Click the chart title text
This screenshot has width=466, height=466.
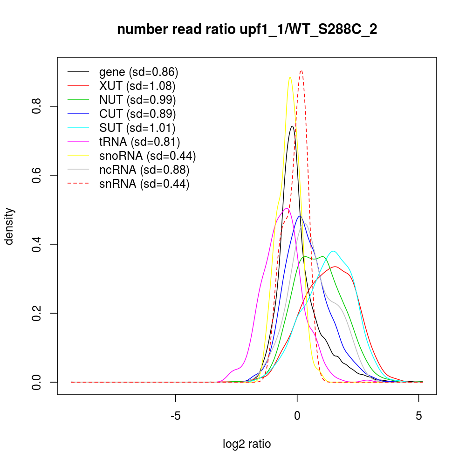(x=247, y=30)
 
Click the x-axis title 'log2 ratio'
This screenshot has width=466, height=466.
(x=247, y=444)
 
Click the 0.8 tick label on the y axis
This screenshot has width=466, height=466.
(x=38, y=106)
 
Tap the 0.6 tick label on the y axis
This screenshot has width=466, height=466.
(x=38, y=175)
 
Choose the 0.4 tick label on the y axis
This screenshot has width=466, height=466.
(x=38, y=244)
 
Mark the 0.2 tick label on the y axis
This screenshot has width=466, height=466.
(x=38, y=313)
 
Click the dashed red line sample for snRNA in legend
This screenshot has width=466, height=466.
(x=78, y=184)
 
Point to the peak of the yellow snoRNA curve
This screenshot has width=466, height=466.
(x=290, y=77)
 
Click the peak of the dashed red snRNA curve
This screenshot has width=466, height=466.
(x=302, y=71)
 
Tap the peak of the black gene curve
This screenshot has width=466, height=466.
(x=292, y=126)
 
